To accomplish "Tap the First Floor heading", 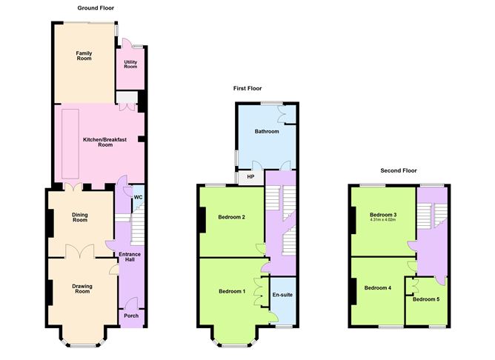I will pos(248,88).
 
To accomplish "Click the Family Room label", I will pos(84,55).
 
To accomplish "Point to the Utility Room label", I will pos(130,64).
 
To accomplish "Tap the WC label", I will pos(138,197).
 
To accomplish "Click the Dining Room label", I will pos(80,217).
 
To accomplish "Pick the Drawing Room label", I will pos(82,288).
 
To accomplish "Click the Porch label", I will pos(131,316).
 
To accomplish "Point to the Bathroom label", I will pos(267,132).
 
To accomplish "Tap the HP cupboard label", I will pos(250,177).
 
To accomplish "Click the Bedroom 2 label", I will pos(232,217).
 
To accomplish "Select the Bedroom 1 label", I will pos(232,291).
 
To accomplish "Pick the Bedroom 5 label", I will pos(425,299).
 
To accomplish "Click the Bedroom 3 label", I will pos(385,214).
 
